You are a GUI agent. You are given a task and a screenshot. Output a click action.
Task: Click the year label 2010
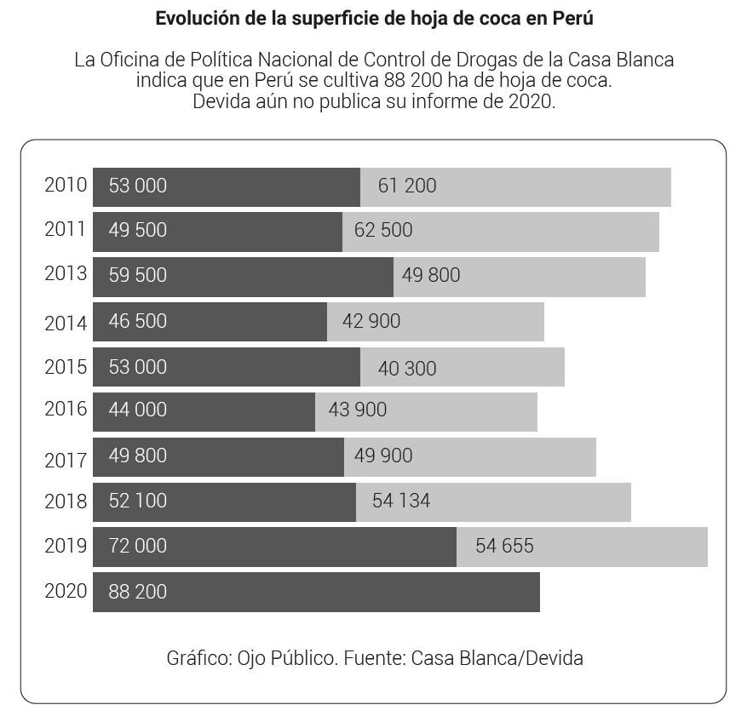point(66,186)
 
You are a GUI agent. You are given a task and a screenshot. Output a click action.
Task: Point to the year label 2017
point(66,460)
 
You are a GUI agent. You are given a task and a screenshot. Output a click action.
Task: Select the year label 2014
point(66,324)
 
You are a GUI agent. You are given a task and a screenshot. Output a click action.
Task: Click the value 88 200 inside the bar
point(138,592)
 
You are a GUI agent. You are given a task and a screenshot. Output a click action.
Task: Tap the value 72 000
point(138,546)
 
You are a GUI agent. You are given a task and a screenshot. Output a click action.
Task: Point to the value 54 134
point(401,501)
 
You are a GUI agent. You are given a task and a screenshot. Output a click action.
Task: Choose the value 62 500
point(383,231)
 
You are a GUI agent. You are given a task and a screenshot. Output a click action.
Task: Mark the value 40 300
point(407,369)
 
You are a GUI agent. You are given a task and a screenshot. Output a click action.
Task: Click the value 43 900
point(358,410)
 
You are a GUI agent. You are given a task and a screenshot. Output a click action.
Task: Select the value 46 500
point(138,322)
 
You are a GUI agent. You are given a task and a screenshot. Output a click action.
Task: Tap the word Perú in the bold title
point(573,19)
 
